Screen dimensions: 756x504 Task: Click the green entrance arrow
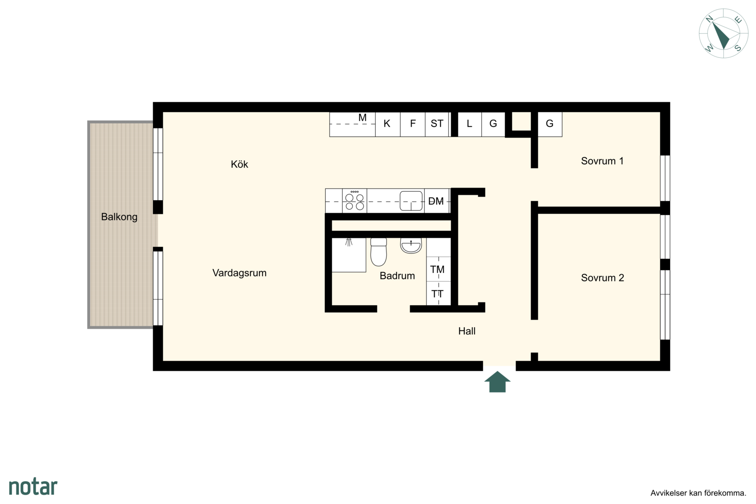(x=497, y=382)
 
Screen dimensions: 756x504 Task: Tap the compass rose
(x=723, y=34)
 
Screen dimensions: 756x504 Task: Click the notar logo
(x=33, y=486)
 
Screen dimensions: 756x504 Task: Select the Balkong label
(x=119, y=217)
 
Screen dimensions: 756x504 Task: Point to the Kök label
(x=239, y=164)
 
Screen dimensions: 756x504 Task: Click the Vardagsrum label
(x=239, y=273)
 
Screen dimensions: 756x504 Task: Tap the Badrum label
(x=397, y=276)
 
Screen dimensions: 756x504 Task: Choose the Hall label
(x=467, y=331)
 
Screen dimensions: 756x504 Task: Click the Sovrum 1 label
(x=602, y=161)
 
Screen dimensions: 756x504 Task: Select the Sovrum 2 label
(x=602, y=278)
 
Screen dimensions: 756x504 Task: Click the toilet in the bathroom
(x=378, y=252)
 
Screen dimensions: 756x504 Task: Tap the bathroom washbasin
(x=411, y=245)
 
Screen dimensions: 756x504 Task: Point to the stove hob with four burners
(x=354, y=201)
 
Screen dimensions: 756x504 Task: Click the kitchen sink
(x=411, y=201)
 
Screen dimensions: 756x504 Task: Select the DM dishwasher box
(x=437, y=201)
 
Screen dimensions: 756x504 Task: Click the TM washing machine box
(x=438, y=269)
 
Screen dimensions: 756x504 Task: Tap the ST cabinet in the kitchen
(x=437, y=124)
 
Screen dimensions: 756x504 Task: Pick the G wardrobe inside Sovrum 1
(x=550, y=124)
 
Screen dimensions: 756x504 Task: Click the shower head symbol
(x=349, y=242)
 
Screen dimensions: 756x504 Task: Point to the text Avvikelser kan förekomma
(x=698, y=493)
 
